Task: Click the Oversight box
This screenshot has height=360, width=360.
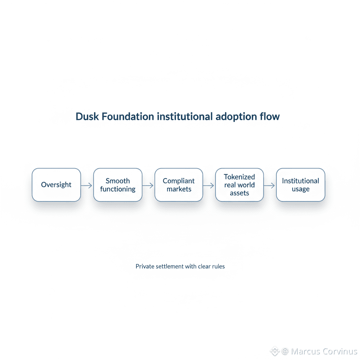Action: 56,185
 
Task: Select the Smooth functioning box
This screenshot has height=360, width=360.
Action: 118,185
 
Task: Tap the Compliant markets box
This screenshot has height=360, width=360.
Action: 179,185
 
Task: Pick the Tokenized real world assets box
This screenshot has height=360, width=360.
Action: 239,185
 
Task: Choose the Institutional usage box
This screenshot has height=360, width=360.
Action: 301,185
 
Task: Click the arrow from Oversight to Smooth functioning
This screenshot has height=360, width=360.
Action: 87,185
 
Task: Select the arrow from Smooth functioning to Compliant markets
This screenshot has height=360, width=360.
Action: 148,185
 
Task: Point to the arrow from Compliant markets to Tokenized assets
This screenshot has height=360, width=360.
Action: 209,185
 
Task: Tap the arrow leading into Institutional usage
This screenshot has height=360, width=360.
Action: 270,185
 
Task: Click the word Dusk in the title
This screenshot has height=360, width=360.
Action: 87,117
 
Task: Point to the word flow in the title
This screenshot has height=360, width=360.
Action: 271,117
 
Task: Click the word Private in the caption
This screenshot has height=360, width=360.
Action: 144,266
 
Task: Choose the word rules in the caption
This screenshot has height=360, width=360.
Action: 218,266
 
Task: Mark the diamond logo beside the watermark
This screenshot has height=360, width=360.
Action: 275,351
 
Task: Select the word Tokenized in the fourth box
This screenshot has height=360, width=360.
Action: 239,177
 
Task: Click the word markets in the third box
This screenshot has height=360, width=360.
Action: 179,189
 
